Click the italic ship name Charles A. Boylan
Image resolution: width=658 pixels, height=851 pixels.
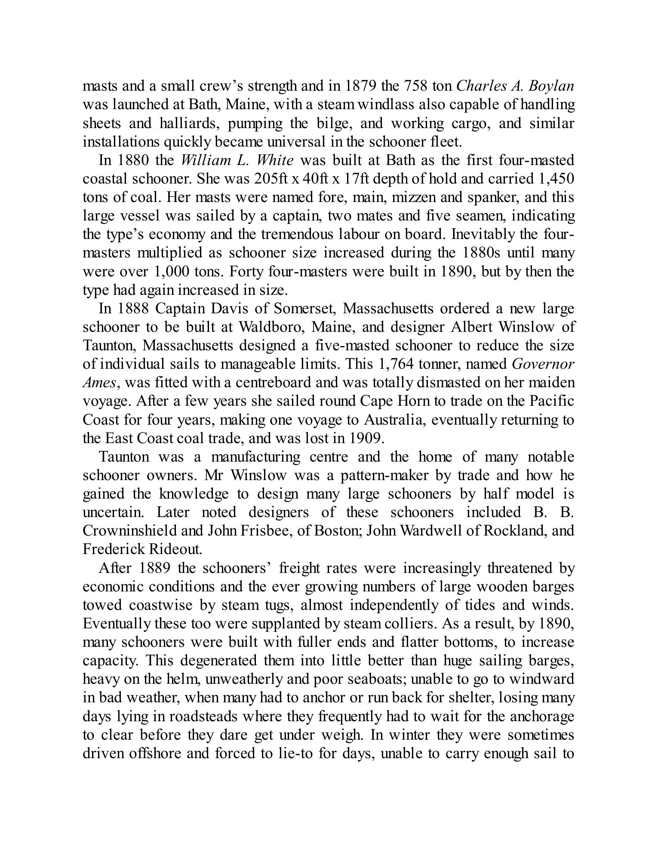(514, 86)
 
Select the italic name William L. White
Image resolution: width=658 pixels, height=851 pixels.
(237, 160)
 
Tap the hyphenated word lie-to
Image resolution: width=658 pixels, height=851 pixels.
(296, 753)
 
